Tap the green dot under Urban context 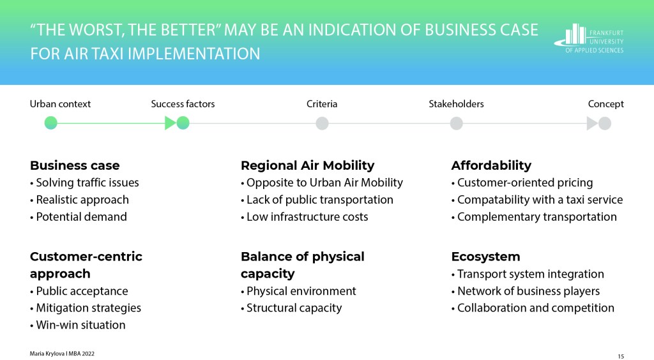pos(51,123)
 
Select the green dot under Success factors pos(183,123)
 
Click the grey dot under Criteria pos(322,123)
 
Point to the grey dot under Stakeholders pos(456,123)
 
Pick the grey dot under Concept pos(605,123)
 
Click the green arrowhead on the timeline pos(170,123)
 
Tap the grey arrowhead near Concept pos(592,123)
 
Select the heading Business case pos(75,165)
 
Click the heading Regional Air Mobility pos(307,165)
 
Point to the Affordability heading pos(491,165)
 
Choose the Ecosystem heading pos(485,256)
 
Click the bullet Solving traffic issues pos(85,183)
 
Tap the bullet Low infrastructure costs pos(305,216)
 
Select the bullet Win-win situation pos(77,325)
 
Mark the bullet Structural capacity pos(291,308)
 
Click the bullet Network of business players pos(526,291)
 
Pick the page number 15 pos(621,356)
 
